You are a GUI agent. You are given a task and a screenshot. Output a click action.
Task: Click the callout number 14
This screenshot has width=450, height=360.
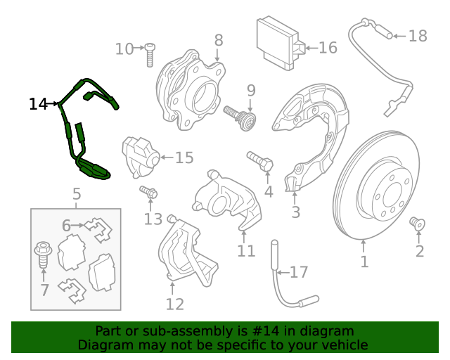click(38, 104)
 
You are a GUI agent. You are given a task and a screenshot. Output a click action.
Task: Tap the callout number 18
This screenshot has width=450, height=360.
click(417, 35)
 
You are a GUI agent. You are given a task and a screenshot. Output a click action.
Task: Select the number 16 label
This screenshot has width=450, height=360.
click(328, 48)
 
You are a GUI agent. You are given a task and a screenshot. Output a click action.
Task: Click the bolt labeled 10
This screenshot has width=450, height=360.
click(150, 55)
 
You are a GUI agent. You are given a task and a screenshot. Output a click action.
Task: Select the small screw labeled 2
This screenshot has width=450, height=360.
click(418, 224)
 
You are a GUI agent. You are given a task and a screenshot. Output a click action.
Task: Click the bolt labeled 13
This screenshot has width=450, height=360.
click(148, 191)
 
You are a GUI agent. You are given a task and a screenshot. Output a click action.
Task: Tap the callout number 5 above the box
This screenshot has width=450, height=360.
click(76, 193)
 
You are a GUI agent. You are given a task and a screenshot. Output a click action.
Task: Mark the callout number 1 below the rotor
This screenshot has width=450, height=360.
click(364, 262)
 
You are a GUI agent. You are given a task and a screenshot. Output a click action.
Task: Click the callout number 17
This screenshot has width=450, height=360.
click(299, 271)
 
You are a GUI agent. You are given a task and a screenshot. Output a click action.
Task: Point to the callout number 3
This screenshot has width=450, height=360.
click(295, 212)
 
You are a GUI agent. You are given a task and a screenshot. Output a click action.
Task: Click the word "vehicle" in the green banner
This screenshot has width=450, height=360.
click(345, 345)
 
